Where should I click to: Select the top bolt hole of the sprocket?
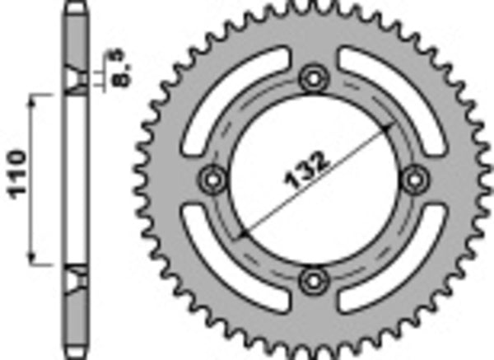314,79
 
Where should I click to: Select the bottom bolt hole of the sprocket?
314,280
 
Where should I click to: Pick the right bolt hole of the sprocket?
415,179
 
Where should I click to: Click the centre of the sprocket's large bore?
314,180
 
